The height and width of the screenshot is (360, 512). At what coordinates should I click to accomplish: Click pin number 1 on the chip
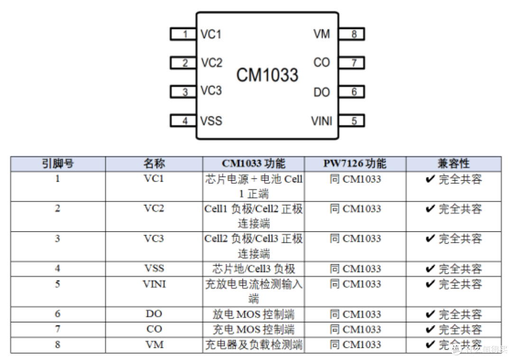pyautogui.click(x=183, y=34)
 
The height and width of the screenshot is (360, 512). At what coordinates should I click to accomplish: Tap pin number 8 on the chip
pyautogui.click(x=351, y=34)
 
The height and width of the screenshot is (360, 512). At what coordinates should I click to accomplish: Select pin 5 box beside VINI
pyautogui.click(x=351, y=121)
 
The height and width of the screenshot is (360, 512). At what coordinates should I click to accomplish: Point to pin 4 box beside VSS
pyautogui.click(x=183, y=121)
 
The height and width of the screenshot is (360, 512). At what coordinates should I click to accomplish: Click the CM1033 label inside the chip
pyautogui.click(x=267, y=75)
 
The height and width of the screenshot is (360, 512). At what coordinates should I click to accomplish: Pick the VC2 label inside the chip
pyautogui.click(x=211, y=63)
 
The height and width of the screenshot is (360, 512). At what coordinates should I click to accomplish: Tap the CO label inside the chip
pyautogui.click(x=321, y=63)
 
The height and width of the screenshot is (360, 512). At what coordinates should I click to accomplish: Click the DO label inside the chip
pyautogui.click(x=321, y=92)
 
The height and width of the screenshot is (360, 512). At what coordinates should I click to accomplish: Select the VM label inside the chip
pyautogui.click(x=321, y=34)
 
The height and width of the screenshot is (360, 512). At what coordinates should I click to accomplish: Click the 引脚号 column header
pyautogui.click(x=58, y=163)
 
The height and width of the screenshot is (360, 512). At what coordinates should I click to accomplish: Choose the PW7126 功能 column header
pyautogui.click(x=355, y=163)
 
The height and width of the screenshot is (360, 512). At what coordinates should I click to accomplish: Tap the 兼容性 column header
pyautogui.click(x=454, y=163)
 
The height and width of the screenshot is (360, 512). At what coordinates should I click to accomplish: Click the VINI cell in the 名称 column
pyautogui.click(x=154, y=284)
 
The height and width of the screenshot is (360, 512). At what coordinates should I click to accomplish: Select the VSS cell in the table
pyautogui.click(x=154, y=268)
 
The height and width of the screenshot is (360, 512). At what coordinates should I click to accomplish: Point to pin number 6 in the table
pyautogui.click(x=57, y=314)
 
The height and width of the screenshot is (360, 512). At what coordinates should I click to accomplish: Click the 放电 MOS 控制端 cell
pyautogui.click(x=253, y=315)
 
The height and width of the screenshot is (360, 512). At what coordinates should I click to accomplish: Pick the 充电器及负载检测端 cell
pyautogui.click(x=253, y=345)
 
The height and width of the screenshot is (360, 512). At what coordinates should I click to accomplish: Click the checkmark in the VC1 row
pyautogui.click(x=430, y=179)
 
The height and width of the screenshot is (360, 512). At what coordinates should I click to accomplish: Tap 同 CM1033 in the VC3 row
pyautogui.click(x=355, y=239)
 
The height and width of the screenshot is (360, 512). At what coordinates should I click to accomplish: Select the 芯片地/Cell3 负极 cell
pyautogui.click(x=253, y=269)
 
